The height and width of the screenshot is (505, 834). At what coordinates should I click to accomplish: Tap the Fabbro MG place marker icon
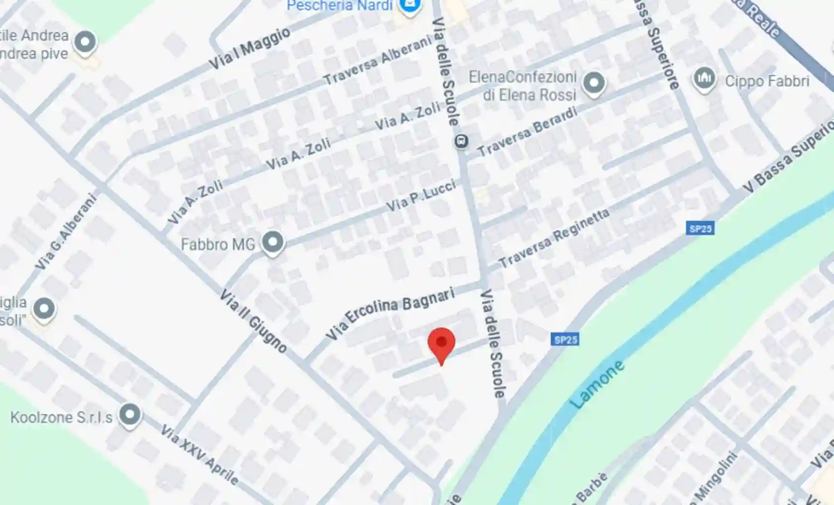(273, 242)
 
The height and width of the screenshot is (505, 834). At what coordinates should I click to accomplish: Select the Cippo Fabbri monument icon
(704, 78)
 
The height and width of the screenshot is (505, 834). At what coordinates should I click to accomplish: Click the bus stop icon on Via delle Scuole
(461, 142)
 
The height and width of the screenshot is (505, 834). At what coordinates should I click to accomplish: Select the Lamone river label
(597, 384)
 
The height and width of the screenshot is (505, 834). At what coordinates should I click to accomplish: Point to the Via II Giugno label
(254, 321)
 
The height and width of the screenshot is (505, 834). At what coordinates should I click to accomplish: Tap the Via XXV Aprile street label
(199, 454)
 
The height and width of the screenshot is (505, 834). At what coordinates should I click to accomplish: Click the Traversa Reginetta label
(554, 238)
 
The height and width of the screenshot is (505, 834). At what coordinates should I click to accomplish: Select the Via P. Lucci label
(421, 197)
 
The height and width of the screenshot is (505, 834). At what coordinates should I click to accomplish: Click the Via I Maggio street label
(249, 49)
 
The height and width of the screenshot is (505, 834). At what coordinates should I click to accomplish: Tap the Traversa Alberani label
(378, 61)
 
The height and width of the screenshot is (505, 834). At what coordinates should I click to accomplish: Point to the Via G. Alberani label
(66, 232)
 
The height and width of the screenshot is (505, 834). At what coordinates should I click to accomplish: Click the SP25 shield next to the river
(565, 340)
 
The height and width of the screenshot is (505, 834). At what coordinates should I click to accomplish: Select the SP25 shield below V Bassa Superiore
(700, 228)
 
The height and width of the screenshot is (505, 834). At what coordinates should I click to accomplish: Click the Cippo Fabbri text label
(767, 81)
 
